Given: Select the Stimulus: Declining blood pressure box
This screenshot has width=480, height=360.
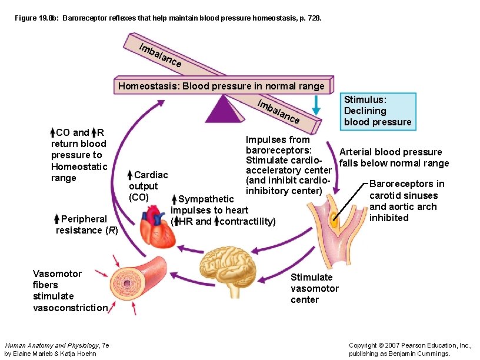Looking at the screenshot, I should [378, 111].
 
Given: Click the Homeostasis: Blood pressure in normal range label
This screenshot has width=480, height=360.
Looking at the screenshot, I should [221, 86].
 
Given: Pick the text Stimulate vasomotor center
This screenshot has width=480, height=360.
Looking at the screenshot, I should [314, 288].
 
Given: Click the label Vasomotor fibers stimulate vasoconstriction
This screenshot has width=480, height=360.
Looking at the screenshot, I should [70, 291].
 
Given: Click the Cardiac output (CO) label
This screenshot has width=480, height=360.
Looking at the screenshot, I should [148, 186].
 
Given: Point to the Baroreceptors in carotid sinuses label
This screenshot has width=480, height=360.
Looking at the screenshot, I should [406, 201].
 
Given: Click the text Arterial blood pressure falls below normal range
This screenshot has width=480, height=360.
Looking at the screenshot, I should [394, 158].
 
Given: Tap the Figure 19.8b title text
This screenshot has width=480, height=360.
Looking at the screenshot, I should [168, 19].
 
